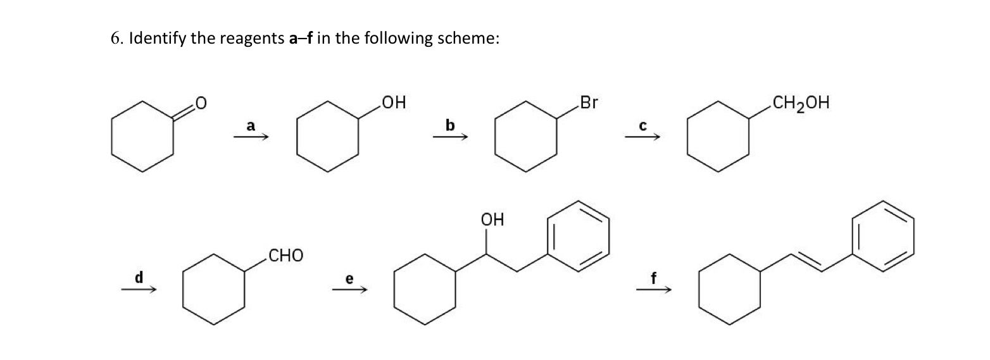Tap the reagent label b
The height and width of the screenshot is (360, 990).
tap(449, 125)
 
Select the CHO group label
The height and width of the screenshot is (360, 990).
tap(285, 256)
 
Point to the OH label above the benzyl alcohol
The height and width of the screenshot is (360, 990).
tap(492, 220)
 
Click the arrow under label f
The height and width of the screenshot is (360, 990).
tap(653, 290)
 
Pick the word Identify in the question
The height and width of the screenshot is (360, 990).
tap(156, 39)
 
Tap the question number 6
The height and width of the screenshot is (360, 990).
tap(115, 39)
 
